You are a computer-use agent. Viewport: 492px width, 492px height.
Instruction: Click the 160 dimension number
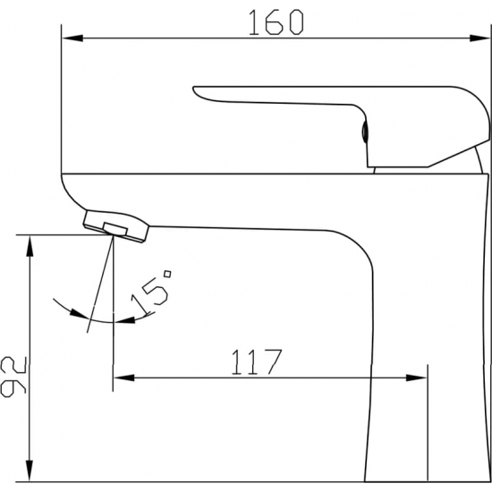[276, 22]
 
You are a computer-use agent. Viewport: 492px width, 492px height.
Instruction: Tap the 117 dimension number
[257, 361]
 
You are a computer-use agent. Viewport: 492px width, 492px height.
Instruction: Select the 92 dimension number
[13, 377]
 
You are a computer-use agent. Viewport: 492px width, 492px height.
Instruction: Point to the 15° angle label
[151, 293]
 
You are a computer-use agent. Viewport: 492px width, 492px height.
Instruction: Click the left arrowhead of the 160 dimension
[72, 38]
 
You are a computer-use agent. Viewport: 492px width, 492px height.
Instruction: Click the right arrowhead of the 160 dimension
[479, 38]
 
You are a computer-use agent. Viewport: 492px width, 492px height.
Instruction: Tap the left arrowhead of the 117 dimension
[124, 377]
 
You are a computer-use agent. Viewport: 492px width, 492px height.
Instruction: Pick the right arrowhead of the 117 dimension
[416, 377]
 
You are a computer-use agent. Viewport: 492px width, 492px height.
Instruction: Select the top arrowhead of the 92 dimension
[30, 246]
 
